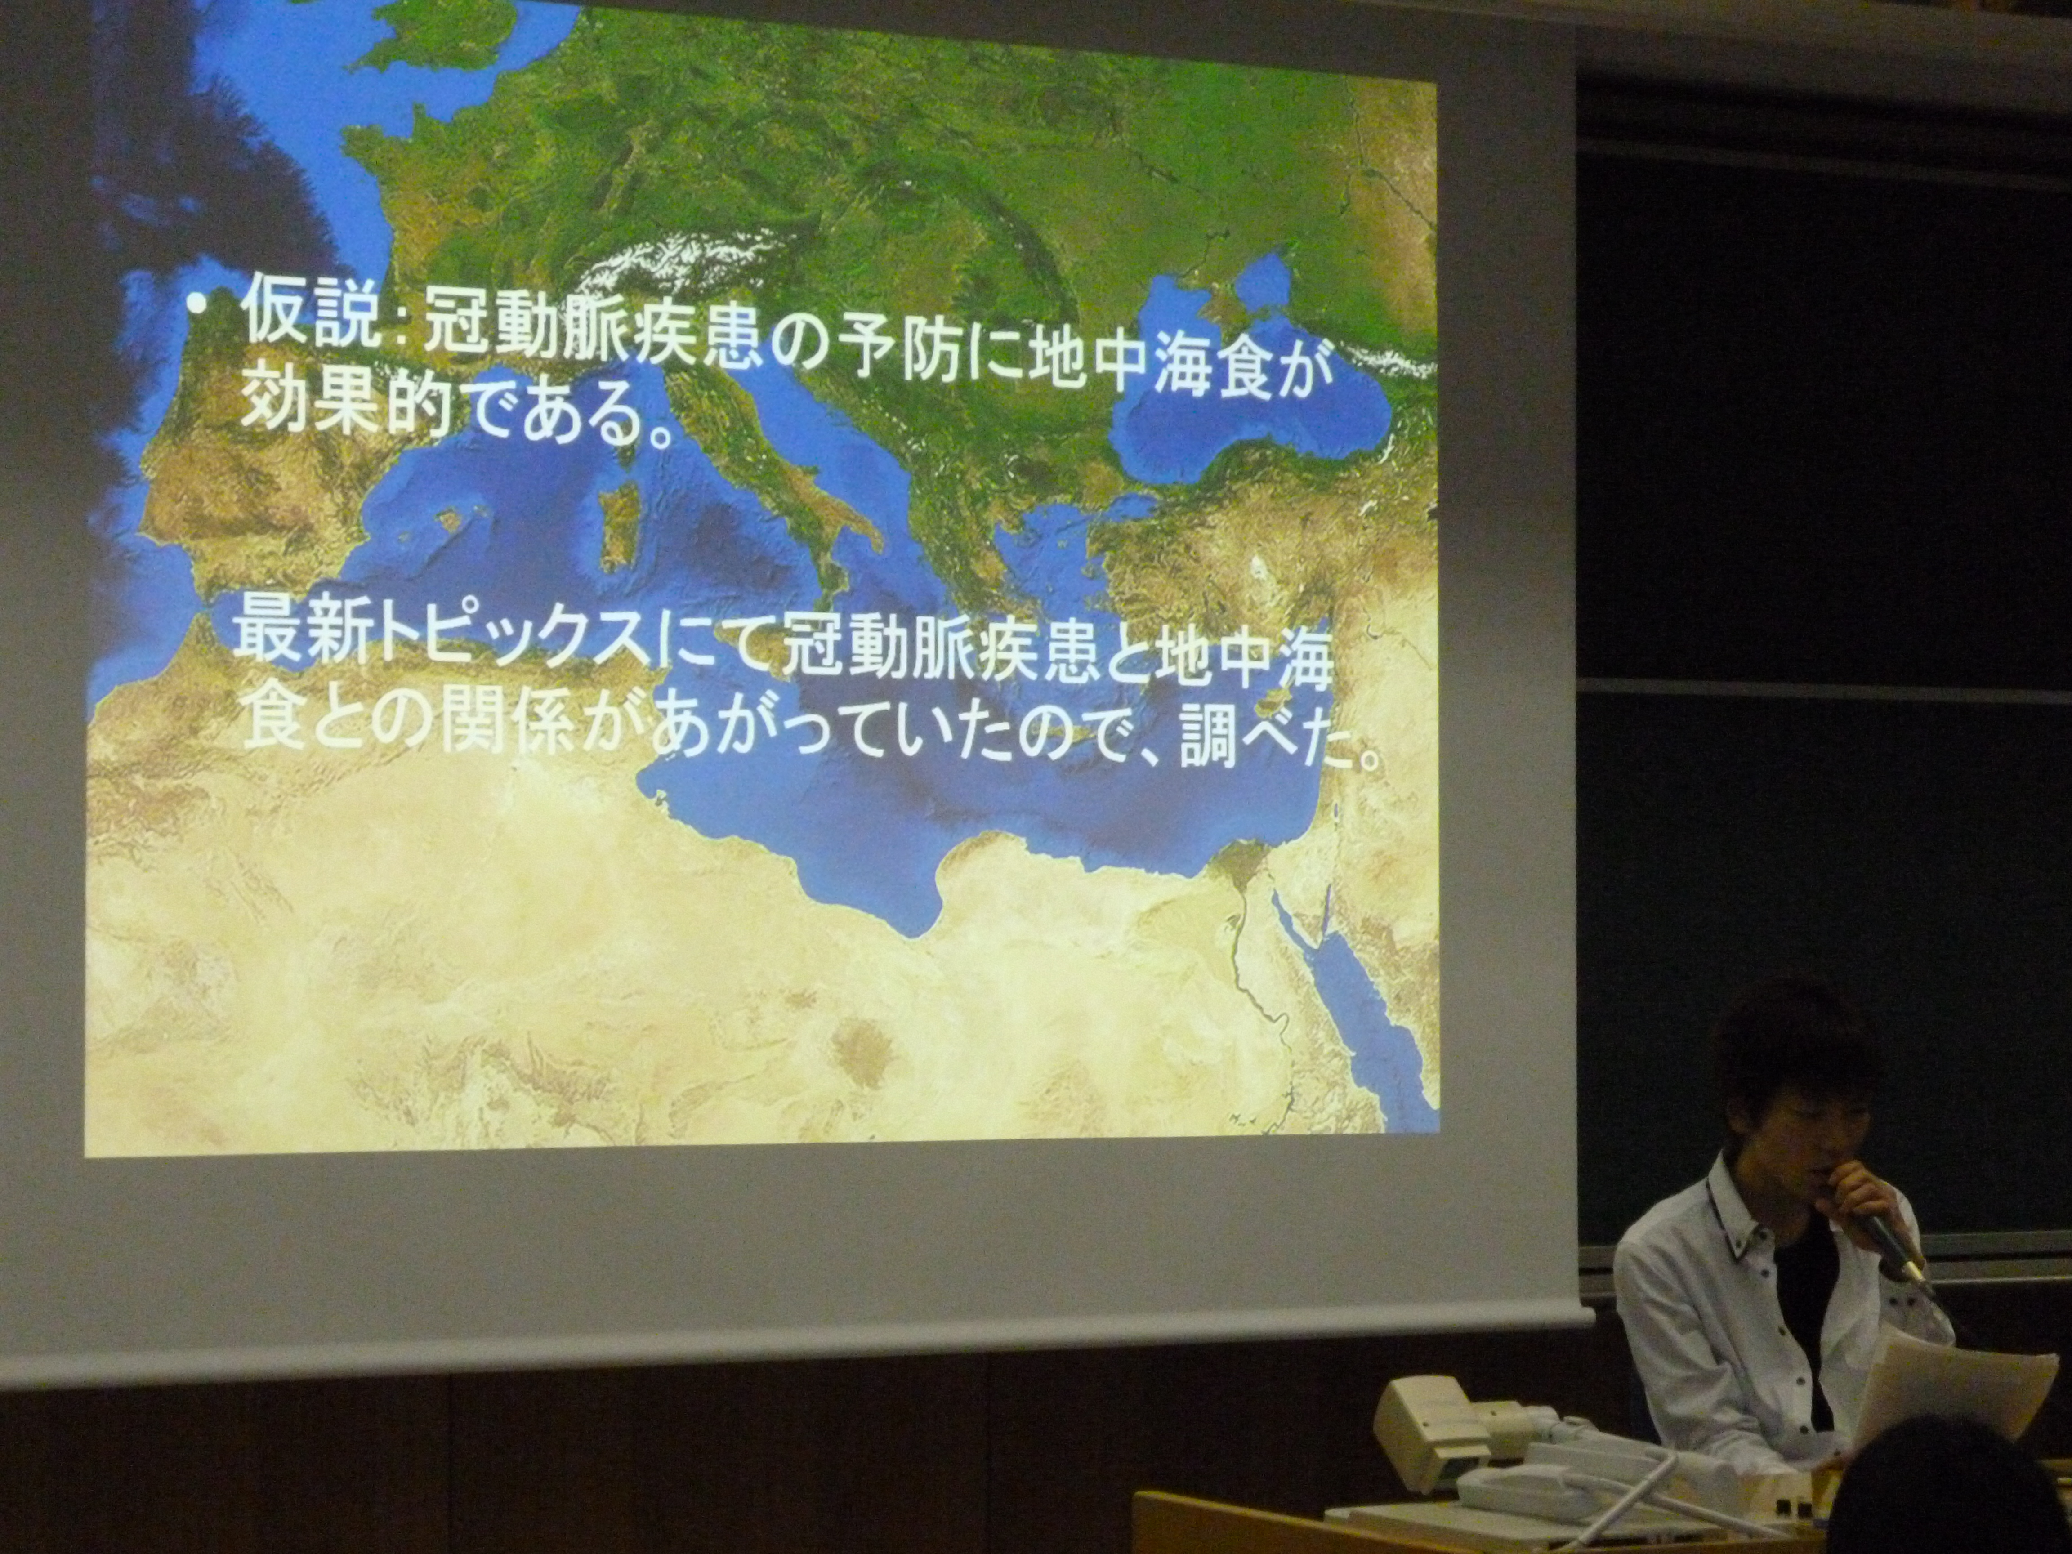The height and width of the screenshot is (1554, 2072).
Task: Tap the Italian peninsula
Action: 796,487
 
